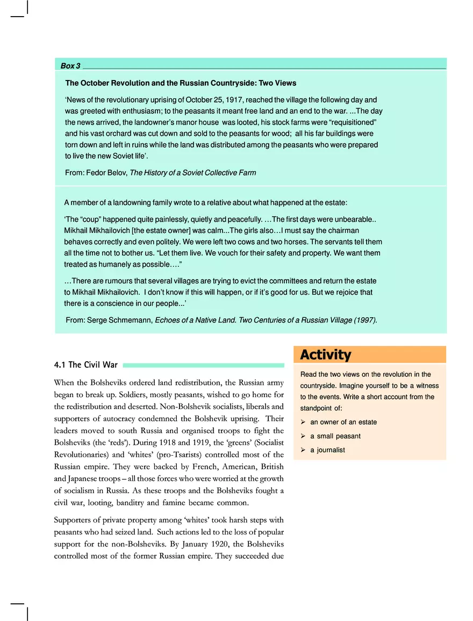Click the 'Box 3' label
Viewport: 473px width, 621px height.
coord(70,66)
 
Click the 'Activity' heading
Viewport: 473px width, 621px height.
coord(325,355)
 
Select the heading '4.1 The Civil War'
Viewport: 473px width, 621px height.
coord(86,365)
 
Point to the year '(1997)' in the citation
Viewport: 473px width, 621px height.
coord(364,320)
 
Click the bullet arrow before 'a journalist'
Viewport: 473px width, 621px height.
coord(303,450)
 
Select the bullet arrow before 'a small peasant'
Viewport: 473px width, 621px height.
coord(303,436)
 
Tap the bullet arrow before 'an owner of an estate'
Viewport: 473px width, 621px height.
coord(303,422)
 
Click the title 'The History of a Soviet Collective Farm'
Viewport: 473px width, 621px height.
coord(193,173)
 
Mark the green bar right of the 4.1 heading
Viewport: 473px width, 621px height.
coord(203,366)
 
